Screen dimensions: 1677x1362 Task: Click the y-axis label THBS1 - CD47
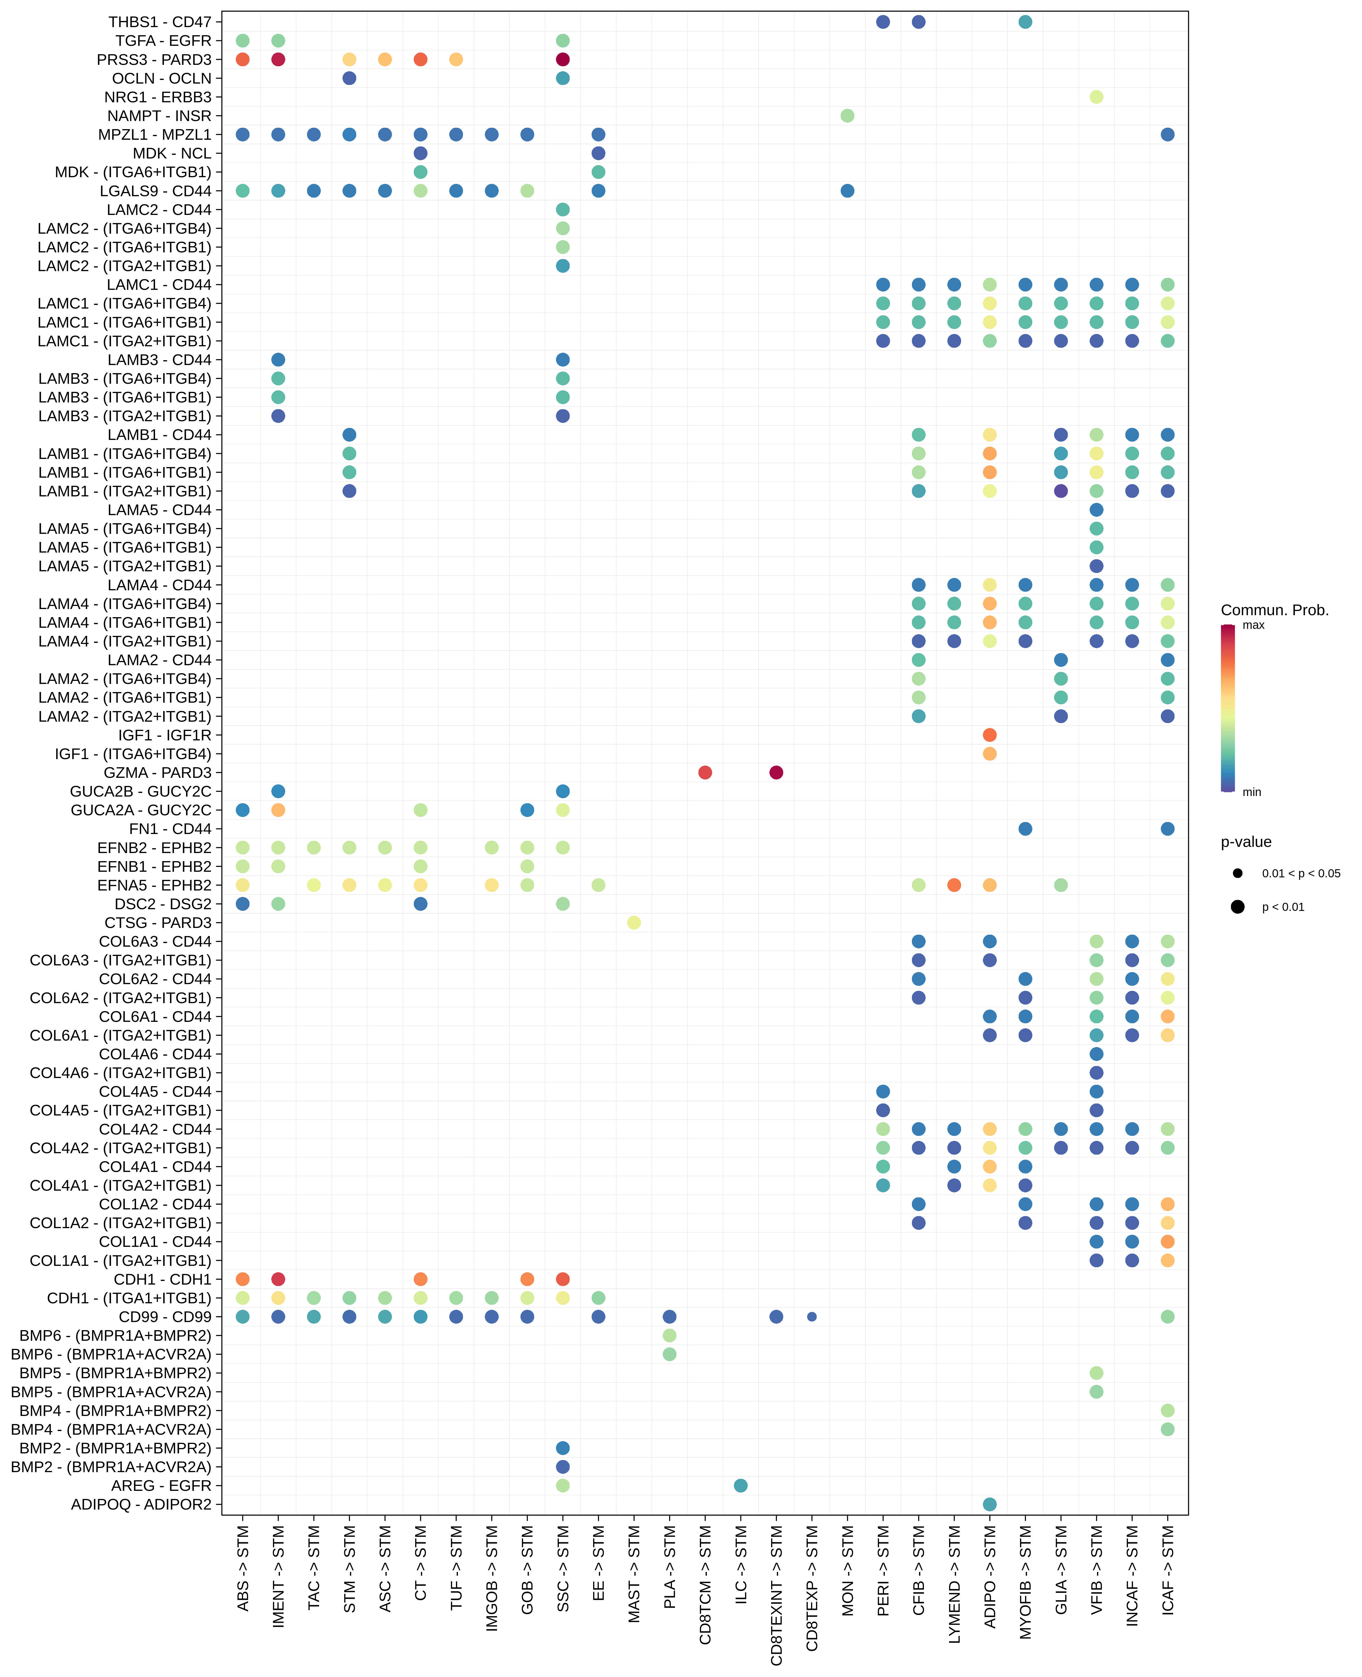160,22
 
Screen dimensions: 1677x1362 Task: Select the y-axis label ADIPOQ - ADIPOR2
141,1504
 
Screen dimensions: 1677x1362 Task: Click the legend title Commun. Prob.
1274,610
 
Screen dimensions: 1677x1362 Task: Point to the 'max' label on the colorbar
1253,626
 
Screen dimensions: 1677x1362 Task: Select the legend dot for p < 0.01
1237,907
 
